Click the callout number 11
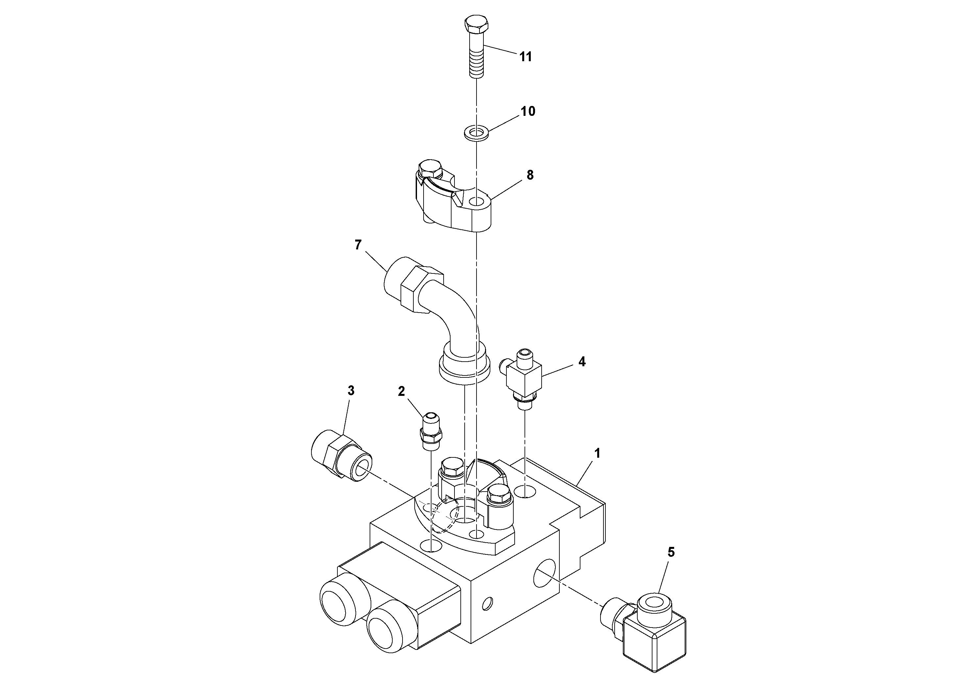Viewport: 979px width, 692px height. (525, 57)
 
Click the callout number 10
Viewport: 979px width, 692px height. (528, 111)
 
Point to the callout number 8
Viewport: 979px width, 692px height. (530, 175)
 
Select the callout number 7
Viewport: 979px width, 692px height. (358, 245)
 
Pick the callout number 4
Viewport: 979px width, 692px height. (582, 362)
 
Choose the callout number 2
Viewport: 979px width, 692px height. (401, 392)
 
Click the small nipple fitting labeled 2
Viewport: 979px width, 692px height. (431, 431)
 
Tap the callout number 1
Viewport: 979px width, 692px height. (598, 453)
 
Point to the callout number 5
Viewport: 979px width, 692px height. (671, 552)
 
